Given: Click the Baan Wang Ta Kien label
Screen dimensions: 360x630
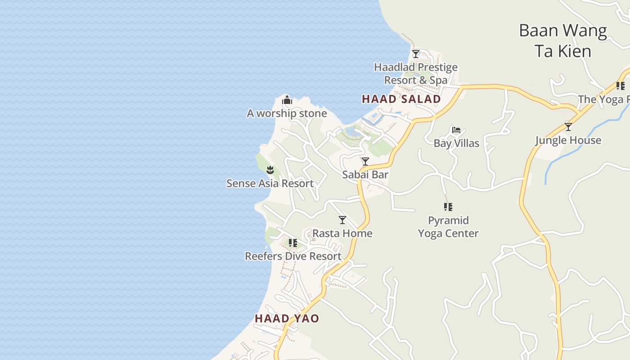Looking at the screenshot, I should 563,40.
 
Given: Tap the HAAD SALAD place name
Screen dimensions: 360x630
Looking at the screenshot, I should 401,99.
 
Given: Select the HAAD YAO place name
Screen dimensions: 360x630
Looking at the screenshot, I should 287,319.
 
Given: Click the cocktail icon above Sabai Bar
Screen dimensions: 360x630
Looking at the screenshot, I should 365,161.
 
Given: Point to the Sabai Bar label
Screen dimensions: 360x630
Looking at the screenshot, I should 365,175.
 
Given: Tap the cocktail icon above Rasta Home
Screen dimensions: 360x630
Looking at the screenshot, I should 342,220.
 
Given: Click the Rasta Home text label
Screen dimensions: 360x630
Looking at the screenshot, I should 342,233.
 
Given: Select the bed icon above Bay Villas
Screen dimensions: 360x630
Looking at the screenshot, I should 456,130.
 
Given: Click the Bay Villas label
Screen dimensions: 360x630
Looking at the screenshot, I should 456,143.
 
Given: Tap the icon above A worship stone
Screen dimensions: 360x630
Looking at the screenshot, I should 287,100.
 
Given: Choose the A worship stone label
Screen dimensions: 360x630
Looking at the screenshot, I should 287,113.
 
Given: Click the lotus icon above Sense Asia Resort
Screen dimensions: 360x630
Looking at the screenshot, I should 270,170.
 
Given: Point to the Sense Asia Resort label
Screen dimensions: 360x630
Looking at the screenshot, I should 270,183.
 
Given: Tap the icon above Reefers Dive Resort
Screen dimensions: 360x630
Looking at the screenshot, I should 293,243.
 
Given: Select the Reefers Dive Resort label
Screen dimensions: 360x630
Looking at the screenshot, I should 293,256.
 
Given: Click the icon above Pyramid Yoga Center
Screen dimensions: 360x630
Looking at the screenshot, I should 448,207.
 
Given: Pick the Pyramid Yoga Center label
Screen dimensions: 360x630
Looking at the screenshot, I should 448,227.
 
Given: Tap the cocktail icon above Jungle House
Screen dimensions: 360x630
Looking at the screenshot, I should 568,127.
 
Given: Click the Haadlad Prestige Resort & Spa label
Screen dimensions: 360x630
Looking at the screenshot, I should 416,74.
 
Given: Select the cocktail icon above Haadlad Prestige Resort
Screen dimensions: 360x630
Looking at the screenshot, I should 416,54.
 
